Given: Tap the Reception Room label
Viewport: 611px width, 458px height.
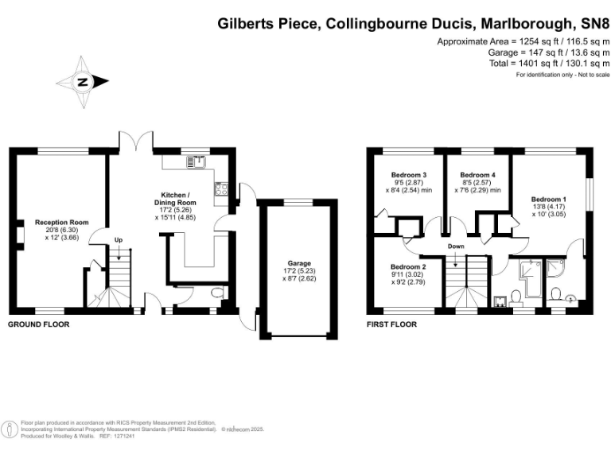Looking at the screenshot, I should point(60,223).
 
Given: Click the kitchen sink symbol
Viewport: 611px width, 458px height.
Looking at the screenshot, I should point(196,162).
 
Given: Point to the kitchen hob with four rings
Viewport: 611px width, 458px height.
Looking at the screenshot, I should point(221,189).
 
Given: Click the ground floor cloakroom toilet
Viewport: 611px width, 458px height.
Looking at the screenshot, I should point(217,295).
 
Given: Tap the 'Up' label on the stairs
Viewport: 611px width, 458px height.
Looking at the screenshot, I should point(119,239).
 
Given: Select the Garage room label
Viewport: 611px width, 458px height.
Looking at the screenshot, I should point(300,263).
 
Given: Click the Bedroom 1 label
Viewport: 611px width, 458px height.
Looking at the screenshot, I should point(548,199).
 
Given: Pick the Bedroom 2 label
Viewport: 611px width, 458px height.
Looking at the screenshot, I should point(408,267).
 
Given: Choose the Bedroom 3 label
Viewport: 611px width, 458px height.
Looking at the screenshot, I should point(409,175).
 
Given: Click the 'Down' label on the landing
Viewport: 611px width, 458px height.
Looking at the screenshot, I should point(456,246).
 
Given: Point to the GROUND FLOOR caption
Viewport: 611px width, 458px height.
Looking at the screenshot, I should point(38,324).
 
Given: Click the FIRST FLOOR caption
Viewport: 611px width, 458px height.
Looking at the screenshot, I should point(392,324).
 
